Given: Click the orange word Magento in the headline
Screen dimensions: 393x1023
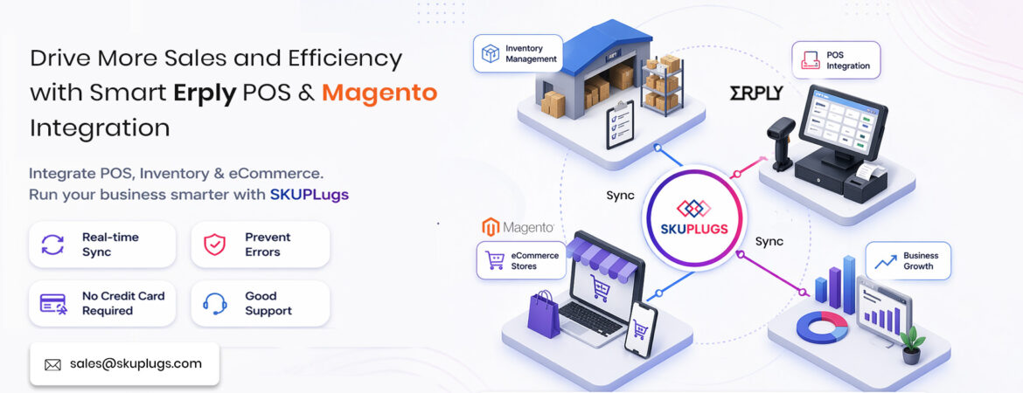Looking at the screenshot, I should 379,92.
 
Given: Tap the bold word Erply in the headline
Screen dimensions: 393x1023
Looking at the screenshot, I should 205,92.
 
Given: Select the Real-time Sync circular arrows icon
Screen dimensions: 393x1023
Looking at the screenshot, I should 53,245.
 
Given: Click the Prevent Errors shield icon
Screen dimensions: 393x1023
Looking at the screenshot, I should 214,245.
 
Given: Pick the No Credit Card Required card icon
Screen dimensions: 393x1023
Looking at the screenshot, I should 53,303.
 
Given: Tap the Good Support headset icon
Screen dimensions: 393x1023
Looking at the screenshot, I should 214,303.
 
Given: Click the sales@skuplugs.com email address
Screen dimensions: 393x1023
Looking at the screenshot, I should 136,364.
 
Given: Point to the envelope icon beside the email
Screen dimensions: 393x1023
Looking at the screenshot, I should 52,364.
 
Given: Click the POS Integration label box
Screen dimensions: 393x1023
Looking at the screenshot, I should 836,60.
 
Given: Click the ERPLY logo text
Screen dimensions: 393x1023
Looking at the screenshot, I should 756,92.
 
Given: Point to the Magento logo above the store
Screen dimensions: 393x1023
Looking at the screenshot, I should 518,227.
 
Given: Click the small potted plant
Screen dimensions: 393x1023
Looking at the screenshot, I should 912,345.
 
